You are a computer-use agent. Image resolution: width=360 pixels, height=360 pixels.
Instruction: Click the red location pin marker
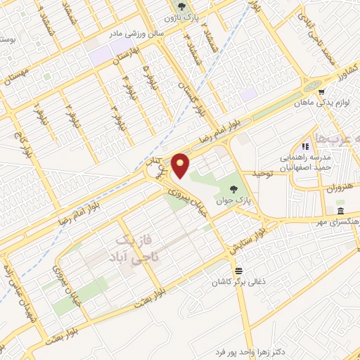pyautogui.click(x=182, y=166)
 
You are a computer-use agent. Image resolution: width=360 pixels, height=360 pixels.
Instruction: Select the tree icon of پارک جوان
pyautogui.click(x=233, y=189)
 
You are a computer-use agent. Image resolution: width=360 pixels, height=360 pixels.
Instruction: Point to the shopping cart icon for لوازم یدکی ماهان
pyautogui.click(x=321, y=91)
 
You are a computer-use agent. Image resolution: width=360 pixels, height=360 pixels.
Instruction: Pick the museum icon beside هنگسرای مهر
pyautogui.click(x=340, y=212)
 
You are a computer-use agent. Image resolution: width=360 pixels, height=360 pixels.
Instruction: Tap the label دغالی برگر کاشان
pyautogui.click(x=239, y=283)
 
